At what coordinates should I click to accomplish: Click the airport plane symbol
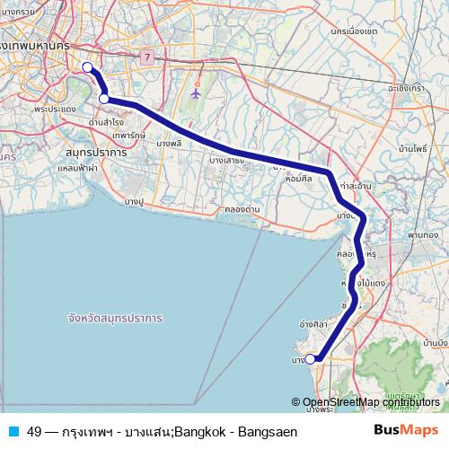[198, 91]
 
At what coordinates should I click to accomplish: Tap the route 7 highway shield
[145, 57]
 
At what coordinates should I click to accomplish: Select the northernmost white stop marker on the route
[87, 67]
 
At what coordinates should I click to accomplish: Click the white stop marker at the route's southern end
[311, 359]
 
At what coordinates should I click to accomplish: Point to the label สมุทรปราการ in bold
[96, 154]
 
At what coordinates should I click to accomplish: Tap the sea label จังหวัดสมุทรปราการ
[114, 319]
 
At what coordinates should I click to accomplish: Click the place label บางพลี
[169, 143]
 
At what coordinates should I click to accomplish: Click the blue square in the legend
[13, 431]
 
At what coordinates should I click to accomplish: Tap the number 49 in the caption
[34, 431]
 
